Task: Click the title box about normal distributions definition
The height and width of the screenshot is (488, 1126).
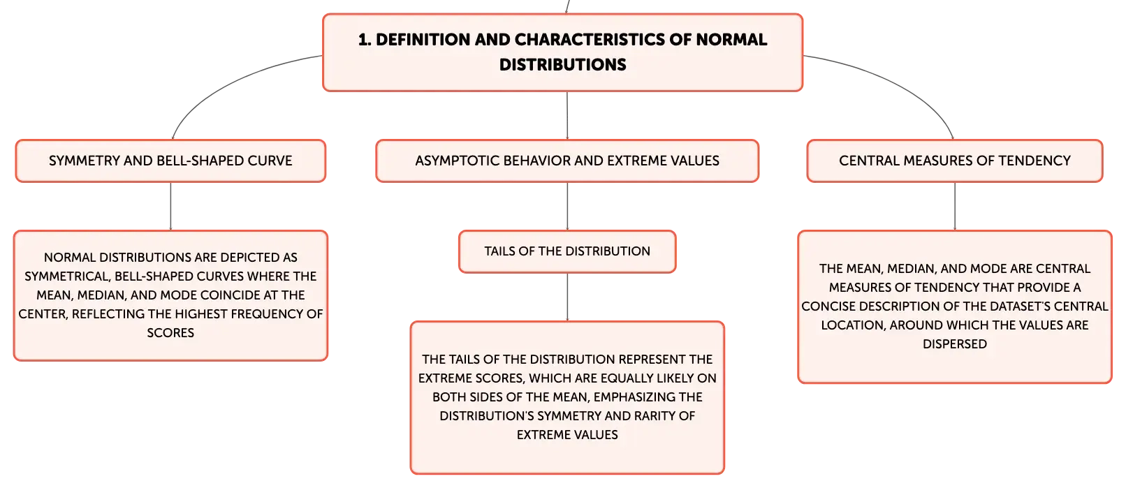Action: pyautogui.click(x=562, y=52)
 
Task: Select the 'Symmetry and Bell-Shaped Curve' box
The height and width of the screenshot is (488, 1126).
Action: pyautogui.click(x=170, y=161)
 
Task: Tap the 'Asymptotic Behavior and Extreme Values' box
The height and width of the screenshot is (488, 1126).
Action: pyautogui.click(x=567, y=161)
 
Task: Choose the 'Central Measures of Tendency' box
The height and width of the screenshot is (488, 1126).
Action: pyautogui.click(x=955, y=161)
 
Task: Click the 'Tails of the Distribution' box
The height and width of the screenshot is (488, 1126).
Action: pyautogui.click(x=567, y=251)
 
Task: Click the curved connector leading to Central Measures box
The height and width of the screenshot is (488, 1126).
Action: pyautogui.click(x=900, y=80)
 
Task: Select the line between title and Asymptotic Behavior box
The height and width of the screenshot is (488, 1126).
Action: pyautogui.click(x=567, y=116)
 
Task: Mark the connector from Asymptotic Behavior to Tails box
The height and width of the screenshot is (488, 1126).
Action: pyautogui.click(x=567, y=206)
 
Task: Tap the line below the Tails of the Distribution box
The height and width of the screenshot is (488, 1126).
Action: pyautogui.click(x=567, y=297)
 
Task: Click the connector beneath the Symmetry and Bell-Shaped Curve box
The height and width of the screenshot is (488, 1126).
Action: pyautogui.click(x=170, y=206)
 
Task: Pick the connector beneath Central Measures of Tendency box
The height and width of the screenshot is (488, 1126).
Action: pyautogui.click(x=955, y=206)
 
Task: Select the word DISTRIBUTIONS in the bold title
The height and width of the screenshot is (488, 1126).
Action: pyautogui.click(x=562, y=65)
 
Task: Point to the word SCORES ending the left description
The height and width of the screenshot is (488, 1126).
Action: pyautogui.click(x=170, y=333)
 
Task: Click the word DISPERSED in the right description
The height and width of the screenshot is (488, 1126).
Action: pyautogui.click(x=955, y=344)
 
